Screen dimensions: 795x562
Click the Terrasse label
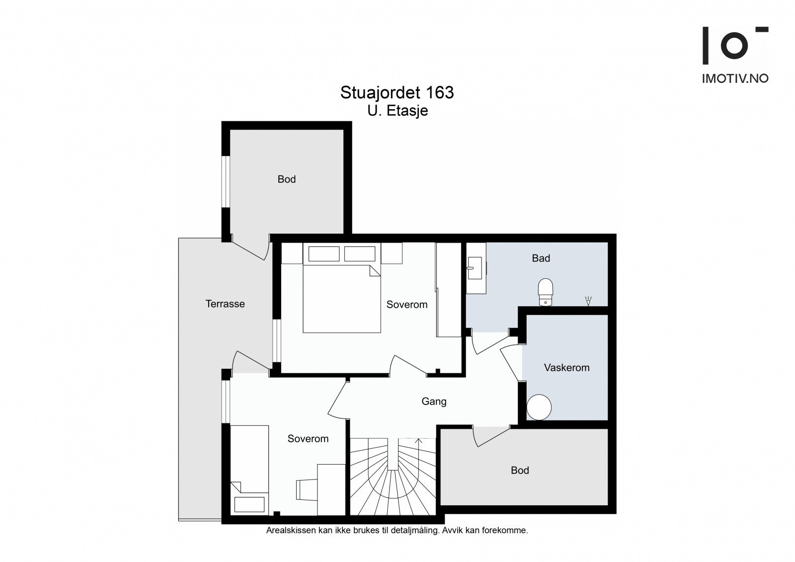pos(225,304)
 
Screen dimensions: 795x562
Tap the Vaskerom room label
pos(566,367)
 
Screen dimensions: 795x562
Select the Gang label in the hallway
pos(434,401)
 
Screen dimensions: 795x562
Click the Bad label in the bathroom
pos(541,258)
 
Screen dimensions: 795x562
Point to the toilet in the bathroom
pos(546,292)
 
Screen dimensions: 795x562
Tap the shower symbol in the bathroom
pos(588,301)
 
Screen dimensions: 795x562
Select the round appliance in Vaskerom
pos(539,407)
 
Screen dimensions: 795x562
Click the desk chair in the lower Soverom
pos(306,490)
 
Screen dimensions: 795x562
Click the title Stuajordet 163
pos(397,92)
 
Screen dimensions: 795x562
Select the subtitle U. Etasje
pos(397,111)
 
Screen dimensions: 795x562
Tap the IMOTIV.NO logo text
pos(735,79)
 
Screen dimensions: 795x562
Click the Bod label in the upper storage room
pos(286,179)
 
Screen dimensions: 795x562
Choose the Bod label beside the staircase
pos(520,471)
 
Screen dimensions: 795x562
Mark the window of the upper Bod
pos(226,181)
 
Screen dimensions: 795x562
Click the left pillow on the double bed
pos(323,254)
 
